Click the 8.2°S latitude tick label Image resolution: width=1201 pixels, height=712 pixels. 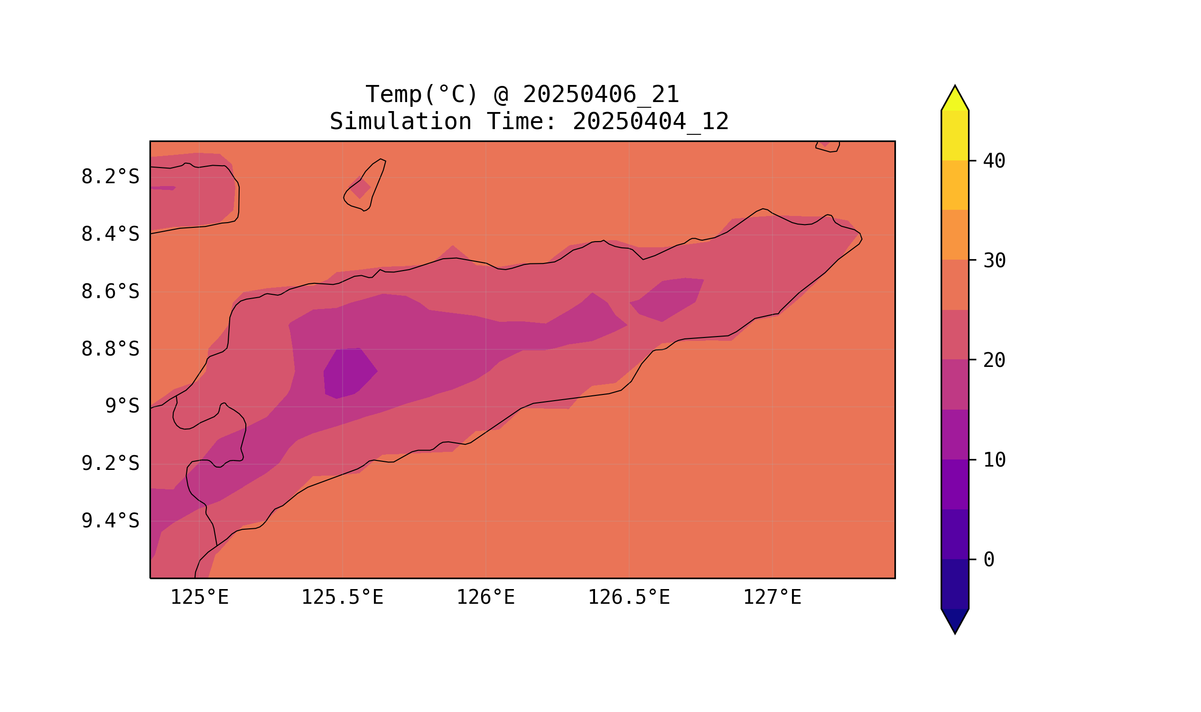110,177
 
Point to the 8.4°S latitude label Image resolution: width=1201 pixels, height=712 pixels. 110,234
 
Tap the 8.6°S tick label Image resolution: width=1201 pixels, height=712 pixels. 110,292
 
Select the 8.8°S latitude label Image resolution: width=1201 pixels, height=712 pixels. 110,349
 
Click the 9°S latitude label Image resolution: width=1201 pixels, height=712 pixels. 122,406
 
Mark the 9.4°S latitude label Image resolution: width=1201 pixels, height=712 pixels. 110,521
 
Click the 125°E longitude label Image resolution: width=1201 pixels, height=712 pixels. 199,598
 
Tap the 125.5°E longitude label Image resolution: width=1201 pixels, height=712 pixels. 342,598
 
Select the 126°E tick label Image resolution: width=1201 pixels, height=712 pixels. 485,598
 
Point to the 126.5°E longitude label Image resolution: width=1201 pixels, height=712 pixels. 628,598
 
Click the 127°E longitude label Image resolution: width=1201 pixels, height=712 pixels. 772,598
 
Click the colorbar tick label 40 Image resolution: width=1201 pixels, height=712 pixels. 994,161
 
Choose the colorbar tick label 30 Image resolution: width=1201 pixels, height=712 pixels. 994,261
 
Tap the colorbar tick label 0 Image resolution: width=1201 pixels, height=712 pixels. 988,560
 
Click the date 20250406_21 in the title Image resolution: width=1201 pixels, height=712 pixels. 601,94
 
